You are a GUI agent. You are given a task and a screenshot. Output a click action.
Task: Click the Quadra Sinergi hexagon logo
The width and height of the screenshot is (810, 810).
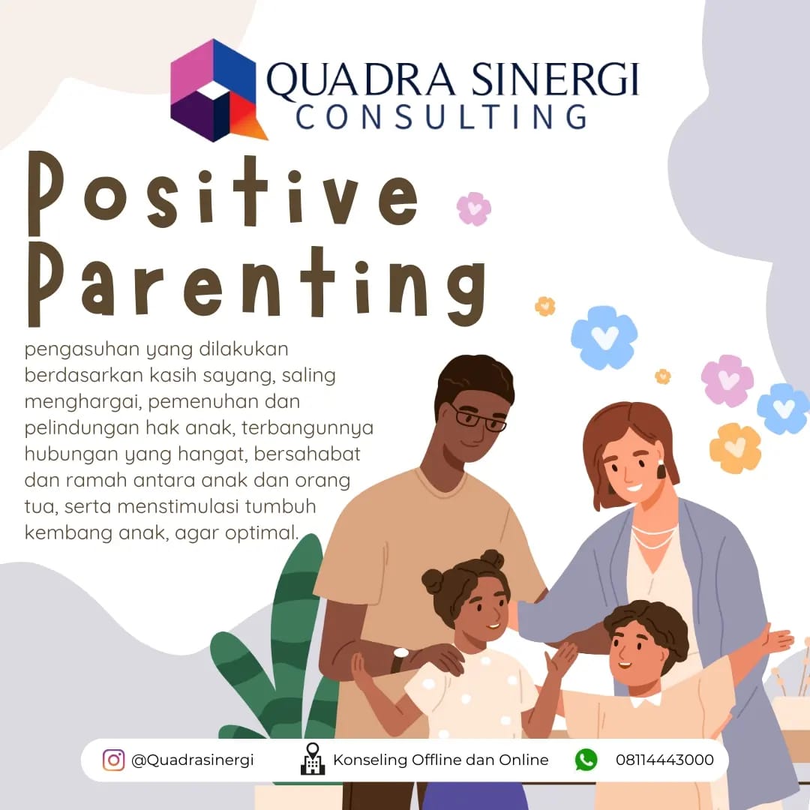tap(216, 91)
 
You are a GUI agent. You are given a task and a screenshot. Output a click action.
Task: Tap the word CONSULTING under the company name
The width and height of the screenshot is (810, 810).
tap(442, 117)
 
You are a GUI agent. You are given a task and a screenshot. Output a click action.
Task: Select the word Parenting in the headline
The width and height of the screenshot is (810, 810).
tap(256, 284)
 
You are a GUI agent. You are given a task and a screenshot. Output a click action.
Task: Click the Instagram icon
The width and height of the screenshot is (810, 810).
tap(114, 760)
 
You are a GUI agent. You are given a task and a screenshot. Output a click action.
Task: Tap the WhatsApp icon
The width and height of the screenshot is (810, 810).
tap(586, 760)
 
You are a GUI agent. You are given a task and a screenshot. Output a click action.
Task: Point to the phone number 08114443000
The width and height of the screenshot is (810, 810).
tap(664, 760)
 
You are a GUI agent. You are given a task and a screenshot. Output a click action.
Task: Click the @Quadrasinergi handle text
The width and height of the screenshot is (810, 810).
tap(192, 760)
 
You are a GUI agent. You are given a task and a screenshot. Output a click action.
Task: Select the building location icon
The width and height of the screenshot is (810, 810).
tap(313, 758)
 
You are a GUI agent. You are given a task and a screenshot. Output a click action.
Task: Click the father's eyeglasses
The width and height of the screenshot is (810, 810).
tap(478, 418)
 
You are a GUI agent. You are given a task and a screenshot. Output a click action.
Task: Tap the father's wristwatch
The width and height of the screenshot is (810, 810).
tap(399, 658)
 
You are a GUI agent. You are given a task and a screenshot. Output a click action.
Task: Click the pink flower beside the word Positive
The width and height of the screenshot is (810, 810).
tap(474, 208)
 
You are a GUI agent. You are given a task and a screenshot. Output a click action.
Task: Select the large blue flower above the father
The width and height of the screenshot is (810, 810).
tap(604, 337)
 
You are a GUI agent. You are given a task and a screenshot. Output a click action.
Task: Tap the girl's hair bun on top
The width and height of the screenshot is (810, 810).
tap(491, 559)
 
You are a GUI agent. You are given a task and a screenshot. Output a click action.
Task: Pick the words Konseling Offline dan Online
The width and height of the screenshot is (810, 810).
tap(441, 760)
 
